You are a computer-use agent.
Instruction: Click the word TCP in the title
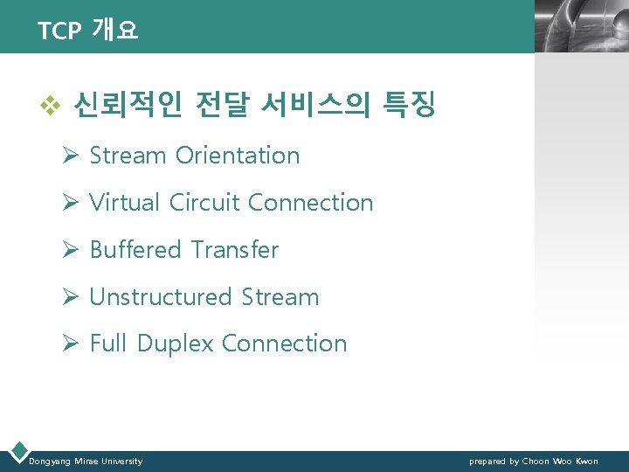[59, 31]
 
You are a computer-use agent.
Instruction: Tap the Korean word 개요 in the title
[114, 31]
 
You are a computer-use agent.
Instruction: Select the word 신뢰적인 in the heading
[128, 107]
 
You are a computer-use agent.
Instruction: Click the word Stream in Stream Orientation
[128, 156]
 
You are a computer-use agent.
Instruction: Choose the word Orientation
[237, 156]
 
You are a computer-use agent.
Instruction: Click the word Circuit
[204, 203]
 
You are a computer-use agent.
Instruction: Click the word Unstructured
[162, 297]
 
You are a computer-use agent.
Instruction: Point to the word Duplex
[175, 344]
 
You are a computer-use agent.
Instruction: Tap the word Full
[108, 344]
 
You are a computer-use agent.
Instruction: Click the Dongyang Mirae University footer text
[86, 462]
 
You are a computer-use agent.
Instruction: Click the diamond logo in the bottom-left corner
[17, 452]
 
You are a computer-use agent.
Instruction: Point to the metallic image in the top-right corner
[581, 26]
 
